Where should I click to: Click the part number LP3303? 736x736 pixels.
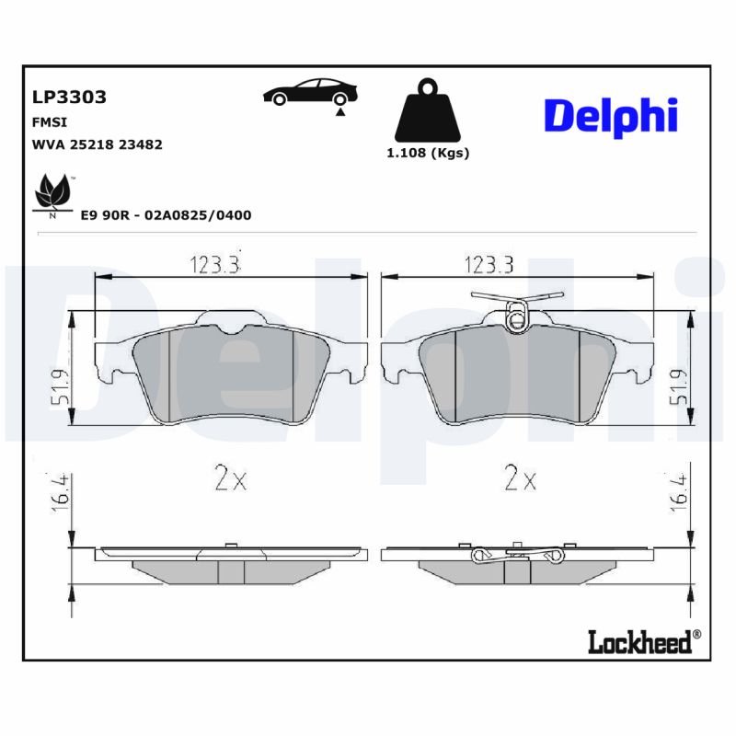[69, 97]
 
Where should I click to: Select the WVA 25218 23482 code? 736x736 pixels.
[97, 144]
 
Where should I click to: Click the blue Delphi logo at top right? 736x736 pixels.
[611, 115]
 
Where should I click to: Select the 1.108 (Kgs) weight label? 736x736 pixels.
[427, 153]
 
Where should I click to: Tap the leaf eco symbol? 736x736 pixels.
[53, 193]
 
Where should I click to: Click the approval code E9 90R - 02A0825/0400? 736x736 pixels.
[166, 214]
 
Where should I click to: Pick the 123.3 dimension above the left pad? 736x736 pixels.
[214, 265]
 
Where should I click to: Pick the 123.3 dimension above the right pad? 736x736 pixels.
[488, 265]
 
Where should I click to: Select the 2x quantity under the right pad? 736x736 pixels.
[520, 478]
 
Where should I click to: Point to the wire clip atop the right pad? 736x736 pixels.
[516, 308]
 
